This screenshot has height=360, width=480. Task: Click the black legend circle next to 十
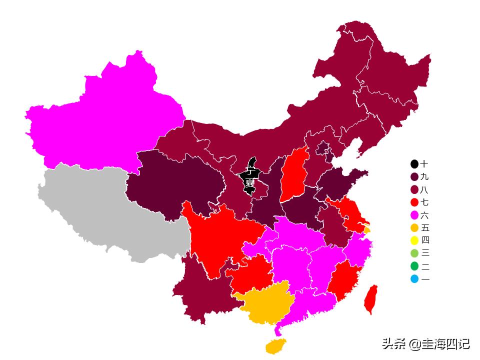(414, 164)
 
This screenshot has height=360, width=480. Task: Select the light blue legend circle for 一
(414, 279)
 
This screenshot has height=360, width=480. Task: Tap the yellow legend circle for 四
(414, 240)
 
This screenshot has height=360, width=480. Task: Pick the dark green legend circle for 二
(414, 266)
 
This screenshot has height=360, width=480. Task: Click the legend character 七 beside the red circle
(424, 202)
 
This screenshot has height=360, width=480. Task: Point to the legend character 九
(424, 177)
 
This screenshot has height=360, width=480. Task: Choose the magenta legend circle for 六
(414, 215)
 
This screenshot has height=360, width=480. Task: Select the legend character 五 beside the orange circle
(424, 228)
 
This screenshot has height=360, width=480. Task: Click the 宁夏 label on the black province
(249, 177)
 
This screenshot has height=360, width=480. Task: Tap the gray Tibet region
(110, 210)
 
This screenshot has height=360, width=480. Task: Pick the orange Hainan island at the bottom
(275, 345)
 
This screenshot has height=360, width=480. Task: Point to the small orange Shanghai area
(367, 230)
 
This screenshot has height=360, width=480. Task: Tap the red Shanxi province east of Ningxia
(293, 175)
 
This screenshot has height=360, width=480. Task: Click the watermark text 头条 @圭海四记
(425, 344)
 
